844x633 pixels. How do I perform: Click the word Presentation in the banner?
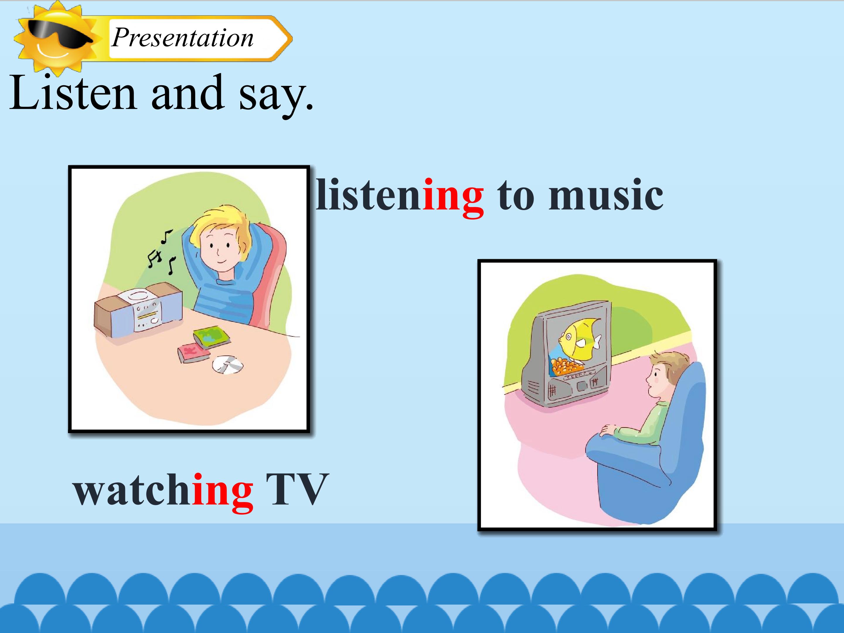pos(182,38)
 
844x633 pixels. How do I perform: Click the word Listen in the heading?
pos(73,92)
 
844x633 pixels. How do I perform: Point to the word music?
pos(606,195)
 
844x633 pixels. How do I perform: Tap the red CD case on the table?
pos(193,353)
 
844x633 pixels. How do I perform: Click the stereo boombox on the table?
pos(138,309)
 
